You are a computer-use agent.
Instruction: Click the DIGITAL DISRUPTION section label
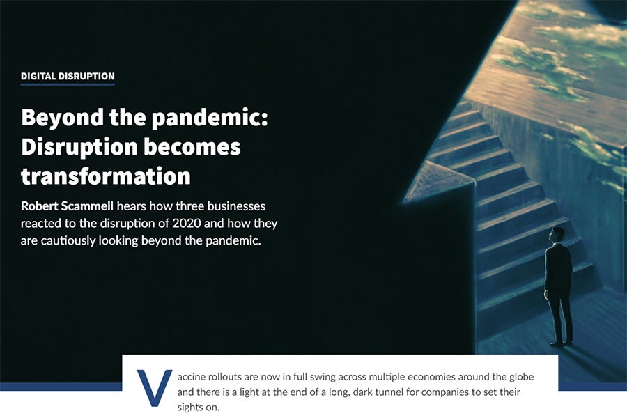(x=68, y=76)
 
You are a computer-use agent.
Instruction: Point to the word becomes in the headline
(x=192, y=147)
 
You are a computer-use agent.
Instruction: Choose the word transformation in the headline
(x=106, y=176)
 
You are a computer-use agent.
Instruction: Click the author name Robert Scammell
(x=67, y=206)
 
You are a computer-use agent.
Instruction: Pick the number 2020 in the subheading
(x=186, y=223)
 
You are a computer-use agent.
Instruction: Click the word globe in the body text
(x=521, y=377)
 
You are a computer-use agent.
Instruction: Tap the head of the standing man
(x=556, y=233)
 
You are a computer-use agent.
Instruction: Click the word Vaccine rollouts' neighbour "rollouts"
(x=224, y=377)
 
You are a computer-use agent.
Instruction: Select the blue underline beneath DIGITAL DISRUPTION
(x=68, y=84)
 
